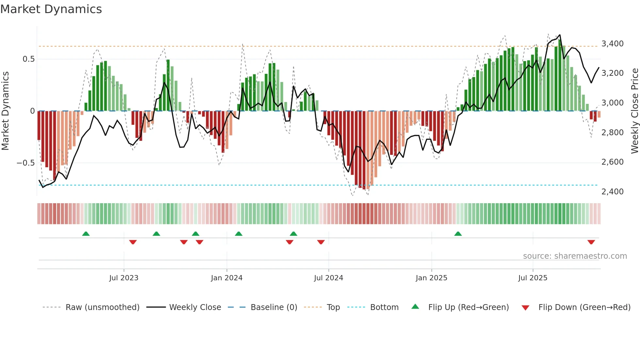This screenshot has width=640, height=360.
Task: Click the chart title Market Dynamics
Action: [51, 9]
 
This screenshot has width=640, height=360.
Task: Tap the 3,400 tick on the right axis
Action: [612, 44]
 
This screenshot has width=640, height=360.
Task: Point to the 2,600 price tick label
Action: [612, 162]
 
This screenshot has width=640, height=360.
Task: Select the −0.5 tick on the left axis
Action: [25, 163]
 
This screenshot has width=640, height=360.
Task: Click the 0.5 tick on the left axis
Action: [28, 59]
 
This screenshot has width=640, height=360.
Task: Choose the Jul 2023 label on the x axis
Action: [124, 278]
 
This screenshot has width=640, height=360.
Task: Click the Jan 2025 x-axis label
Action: [431, 278]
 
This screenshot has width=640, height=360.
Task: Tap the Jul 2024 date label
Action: [328, 278]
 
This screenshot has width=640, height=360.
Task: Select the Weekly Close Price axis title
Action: [634, 111]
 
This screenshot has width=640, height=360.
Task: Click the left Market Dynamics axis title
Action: [5, 111]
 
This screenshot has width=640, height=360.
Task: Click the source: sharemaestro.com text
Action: [575, 256]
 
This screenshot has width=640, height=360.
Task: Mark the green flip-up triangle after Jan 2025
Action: [458, 234]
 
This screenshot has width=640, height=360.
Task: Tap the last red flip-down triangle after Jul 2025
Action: [591, 242]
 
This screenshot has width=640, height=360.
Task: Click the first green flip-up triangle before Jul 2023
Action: [86, 234]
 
